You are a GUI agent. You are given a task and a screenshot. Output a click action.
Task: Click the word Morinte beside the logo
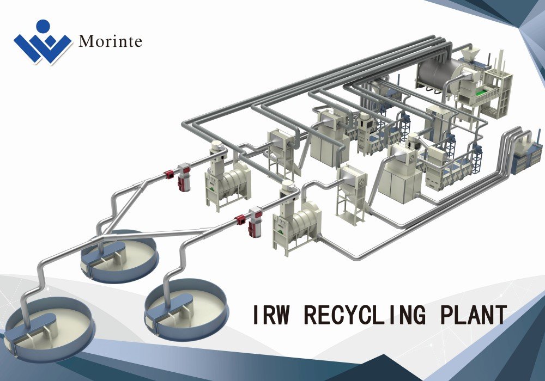tap(110, 42)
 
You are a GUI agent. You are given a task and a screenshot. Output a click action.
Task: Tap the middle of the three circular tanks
tap(119, 256)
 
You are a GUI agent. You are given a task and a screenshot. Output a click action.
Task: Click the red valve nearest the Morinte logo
tap(169, 175)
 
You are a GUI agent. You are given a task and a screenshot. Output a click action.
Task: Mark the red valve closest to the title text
tap(240, 219)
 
